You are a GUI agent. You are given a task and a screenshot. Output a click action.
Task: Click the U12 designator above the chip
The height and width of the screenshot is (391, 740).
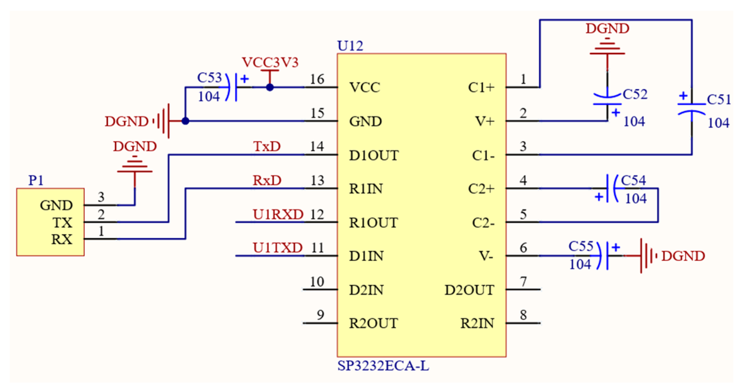(x=350, y=46)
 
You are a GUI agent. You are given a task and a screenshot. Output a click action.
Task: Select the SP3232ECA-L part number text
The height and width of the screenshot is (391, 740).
(x=383, y=366)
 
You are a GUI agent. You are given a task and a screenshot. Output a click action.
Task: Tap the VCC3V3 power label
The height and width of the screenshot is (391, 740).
(x=270, y=62)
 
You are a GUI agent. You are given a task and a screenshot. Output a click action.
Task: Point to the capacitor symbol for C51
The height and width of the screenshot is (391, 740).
(x=691, y=109)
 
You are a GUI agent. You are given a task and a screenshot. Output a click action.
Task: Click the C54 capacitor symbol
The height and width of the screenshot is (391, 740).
(x=612, y=188)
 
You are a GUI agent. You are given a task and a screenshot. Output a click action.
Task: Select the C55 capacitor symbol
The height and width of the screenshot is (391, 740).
(x=604, y=256)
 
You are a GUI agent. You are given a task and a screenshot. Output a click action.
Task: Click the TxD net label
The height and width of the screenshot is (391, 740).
(x=267, y=146)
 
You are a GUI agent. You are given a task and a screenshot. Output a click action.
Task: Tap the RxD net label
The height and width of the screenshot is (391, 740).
(x=267, y=180)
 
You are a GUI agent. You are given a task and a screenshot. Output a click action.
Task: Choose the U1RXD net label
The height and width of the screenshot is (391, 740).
(x=278, y=214)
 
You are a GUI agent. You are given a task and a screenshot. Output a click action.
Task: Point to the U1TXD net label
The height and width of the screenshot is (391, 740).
(x=277, y=248)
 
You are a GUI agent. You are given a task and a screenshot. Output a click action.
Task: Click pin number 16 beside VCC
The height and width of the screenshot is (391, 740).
(x=317, y=80)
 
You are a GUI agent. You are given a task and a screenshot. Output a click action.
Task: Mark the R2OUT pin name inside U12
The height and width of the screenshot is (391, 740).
(x=373, y=323)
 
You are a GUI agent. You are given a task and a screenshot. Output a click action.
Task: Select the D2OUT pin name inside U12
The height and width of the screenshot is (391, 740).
(x=469, y=290)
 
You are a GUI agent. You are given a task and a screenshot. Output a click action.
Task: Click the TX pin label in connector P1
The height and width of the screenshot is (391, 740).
(x=63, y=223)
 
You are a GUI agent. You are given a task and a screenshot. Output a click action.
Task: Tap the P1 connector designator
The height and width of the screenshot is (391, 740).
(x=35, y=180)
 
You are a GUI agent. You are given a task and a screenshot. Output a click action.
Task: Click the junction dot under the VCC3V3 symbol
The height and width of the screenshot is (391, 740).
(x=270, y=88)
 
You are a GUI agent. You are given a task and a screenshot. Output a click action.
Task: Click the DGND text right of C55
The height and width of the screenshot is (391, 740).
(x=683, y=256)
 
